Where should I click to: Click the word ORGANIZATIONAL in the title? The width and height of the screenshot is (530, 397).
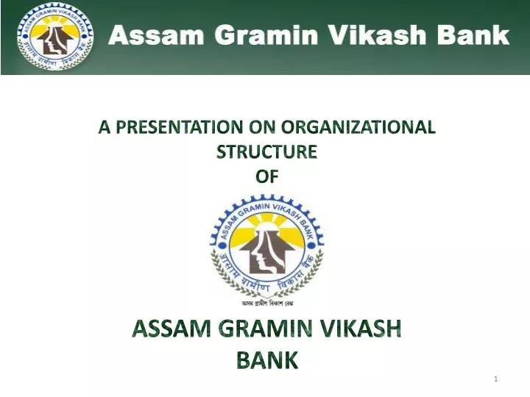[361, 127]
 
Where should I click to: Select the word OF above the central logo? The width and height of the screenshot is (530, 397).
[266, 176]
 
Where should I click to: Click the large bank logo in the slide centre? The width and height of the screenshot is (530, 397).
[266, 247]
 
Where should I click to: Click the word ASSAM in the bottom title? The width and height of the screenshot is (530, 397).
[166, 330]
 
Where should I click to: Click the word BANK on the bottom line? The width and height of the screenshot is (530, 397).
[266, 360]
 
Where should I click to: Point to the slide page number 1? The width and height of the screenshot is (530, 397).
[496, 378]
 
